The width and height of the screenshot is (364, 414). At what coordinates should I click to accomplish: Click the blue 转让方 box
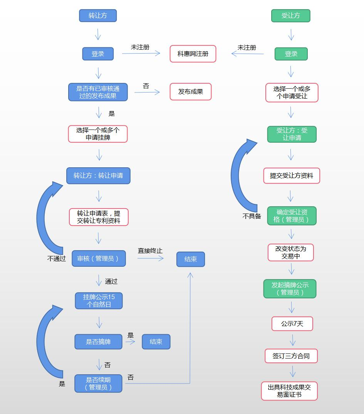point(98,16)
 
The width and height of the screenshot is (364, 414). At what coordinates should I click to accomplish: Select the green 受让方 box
point(291,16)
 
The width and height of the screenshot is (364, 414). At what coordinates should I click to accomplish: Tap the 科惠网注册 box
point(193,54)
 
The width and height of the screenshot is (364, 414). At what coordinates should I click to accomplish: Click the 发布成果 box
point(191,92)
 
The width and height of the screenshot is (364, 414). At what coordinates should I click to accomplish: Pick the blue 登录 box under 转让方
point(98,54)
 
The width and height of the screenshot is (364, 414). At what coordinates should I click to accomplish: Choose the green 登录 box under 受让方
point(291,54)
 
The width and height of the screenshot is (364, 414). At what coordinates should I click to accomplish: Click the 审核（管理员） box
point(99,259)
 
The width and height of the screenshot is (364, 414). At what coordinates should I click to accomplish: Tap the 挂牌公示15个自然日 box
point(99,301)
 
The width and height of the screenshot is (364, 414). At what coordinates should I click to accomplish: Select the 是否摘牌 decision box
point(98,342)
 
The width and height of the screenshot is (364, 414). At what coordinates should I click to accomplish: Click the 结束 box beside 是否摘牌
point(156,342)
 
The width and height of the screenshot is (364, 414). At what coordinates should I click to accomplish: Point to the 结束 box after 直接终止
point(191,259)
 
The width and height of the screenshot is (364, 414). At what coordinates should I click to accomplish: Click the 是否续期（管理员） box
point(98,384)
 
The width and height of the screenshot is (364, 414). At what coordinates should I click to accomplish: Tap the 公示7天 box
point(292,324)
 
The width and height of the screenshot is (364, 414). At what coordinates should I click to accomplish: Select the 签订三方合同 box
point(291,356)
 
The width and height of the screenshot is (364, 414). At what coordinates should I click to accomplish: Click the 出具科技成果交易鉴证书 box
point(289,391)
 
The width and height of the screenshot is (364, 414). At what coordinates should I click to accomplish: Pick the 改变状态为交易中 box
point(291,252)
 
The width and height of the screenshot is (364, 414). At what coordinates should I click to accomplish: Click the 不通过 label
point(57,259)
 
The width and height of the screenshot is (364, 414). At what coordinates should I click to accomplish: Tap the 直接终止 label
point(150,251)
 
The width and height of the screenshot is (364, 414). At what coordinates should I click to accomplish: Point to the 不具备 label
point(252,216)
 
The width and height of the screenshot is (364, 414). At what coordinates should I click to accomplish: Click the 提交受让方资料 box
point(292,176)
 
